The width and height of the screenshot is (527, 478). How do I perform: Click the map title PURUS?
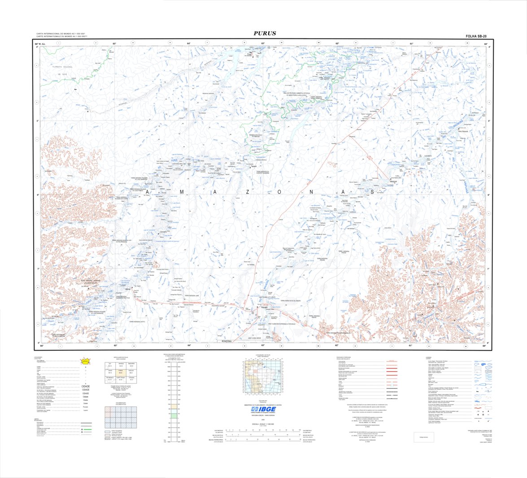264,33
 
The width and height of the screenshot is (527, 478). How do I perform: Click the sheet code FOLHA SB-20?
476,36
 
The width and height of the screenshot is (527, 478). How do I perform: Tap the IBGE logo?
264,410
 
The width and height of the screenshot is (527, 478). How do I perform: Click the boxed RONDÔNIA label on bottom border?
227,341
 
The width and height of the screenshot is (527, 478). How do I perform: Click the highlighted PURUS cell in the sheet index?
120,372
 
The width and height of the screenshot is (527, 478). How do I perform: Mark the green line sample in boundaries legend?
86,430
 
